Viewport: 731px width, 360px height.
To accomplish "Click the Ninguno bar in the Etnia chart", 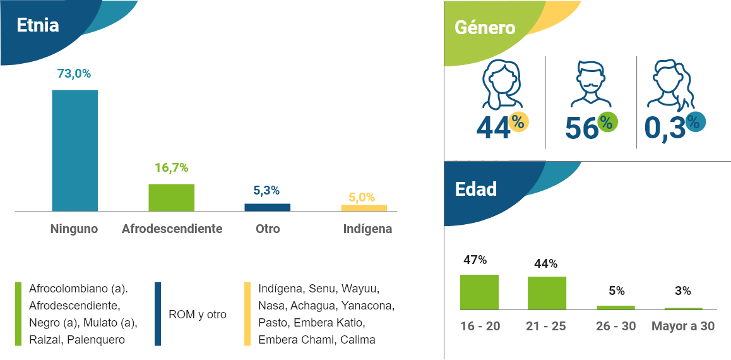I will pos(74,150).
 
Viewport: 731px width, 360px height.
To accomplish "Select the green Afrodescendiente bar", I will pos(171,198).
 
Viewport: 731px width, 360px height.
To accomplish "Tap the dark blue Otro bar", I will pos(268,207).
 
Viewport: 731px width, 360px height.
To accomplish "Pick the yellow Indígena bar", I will pos(364,208).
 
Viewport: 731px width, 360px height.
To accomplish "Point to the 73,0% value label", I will pos(74,74).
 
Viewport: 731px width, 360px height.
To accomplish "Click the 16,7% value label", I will pos(171,168).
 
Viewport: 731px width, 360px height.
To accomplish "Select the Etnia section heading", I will pos(38,26).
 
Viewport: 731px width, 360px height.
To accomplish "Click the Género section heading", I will pos(485,28).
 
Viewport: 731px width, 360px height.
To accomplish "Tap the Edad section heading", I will pos(476,189).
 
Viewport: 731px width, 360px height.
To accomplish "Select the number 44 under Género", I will pos(493,128).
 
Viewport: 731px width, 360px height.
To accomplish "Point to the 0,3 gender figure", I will pos(664,128).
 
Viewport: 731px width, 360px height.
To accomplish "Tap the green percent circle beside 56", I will pos(607,122).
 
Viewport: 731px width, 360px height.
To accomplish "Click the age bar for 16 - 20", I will pos(479,292).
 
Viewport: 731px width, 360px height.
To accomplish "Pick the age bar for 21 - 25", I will pos(547,293).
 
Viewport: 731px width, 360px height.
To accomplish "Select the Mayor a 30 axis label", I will pos(683,327).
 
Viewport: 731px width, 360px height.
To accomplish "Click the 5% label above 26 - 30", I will pos(616,291).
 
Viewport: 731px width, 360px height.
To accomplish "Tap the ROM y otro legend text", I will pos(198,315).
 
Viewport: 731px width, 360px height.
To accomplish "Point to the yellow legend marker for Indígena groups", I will pos(247,314).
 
